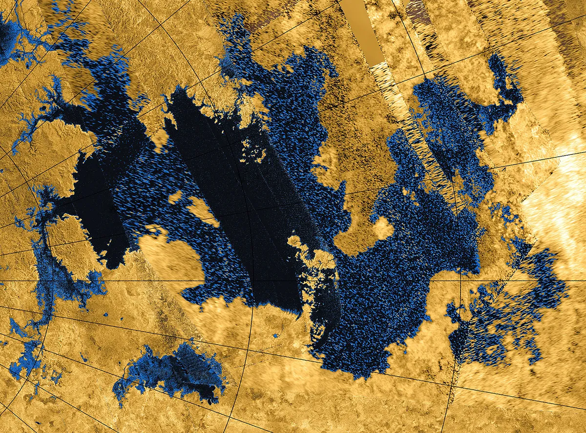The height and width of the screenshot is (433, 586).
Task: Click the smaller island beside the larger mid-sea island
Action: (175, 198)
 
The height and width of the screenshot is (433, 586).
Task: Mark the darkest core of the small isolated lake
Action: (195, 371)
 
